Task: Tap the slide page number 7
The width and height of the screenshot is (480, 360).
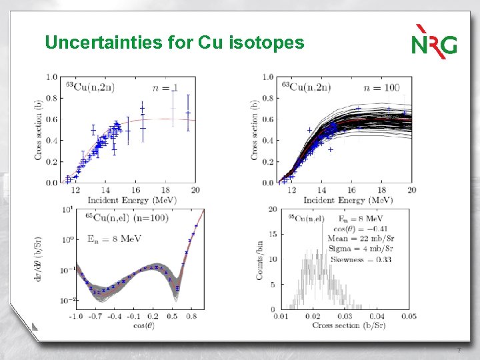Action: [459, 351]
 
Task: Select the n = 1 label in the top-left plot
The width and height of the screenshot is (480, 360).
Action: [165, 87]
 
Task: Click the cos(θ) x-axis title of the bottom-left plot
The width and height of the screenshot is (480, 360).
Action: [139, 324]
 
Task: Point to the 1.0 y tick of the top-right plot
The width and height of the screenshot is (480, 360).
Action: [267, 77]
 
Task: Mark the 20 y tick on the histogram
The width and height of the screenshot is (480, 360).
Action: [272, 209]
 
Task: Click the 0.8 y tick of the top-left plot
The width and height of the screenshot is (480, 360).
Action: [51, 98]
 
